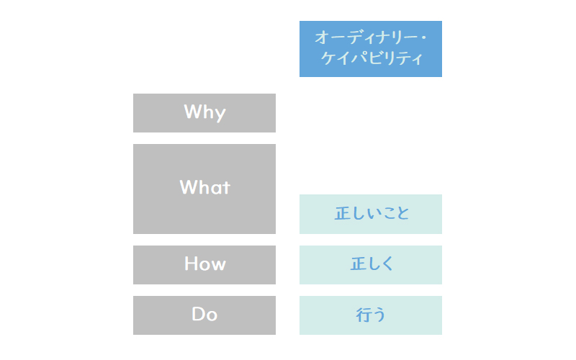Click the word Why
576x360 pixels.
tap(204, 112)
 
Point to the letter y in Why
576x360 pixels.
tap(220, 114)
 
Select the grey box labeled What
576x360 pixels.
tap(204, 189)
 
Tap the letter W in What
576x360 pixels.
tap(189, 187)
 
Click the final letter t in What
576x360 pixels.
tap(226, 188)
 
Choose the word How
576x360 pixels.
tap(205, 264)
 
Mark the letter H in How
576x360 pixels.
tap(191, 264)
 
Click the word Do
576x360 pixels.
tap(204, 314)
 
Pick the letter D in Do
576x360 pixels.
tap(199, 314)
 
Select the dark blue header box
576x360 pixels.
tap(371, 49)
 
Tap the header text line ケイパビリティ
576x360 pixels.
tap(372, 58)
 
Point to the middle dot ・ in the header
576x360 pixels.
tap(423, 38)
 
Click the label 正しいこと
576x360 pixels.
tap(372, 213)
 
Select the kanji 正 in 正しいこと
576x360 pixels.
tap(341, 213)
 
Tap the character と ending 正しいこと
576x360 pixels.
tap(402, 213)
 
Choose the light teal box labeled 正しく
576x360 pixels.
tap(371, 265)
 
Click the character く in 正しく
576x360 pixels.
tap(387, 264)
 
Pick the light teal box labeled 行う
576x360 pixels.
tap(371, 315)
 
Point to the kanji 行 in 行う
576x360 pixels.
tap(363, 315)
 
